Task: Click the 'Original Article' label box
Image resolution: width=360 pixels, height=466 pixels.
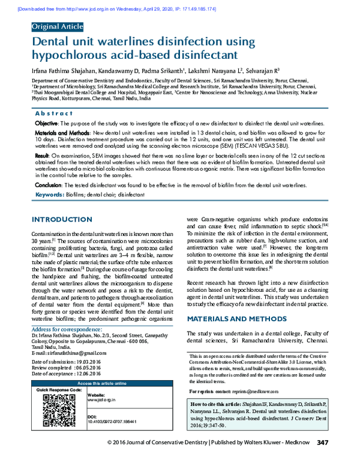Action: [58, 27]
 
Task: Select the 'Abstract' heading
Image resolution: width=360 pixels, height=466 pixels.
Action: [54, 113]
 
